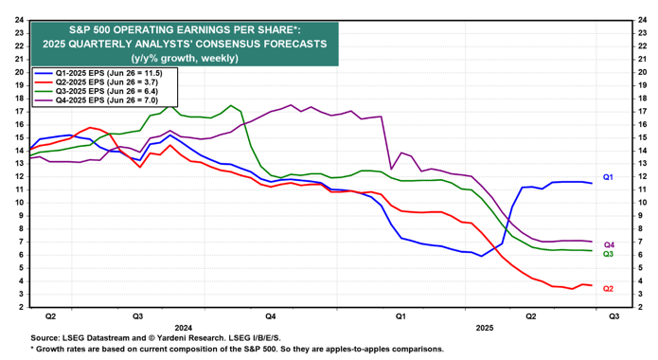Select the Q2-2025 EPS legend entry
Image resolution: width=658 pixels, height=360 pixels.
97,82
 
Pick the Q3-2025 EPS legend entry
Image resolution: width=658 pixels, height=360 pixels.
97,91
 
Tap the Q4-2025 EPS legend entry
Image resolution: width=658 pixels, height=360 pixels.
97,100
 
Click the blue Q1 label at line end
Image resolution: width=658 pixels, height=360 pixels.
608,177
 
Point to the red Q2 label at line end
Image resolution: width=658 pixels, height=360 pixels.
608,289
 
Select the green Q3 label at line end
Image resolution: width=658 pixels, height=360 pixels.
608,254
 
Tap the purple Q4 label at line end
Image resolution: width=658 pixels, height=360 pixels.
609,245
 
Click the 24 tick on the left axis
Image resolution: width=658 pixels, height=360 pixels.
19,20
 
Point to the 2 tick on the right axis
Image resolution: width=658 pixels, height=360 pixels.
640,308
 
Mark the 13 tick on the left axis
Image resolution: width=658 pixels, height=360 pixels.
19,164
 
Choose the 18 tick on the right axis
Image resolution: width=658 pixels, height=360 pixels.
642,99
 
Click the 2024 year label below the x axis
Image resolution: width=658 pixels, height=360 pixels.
184,328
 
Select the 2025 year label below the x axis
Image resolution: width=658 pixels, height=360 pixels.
485,328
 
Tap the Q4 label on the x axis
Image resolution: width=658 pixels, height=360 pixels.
270,316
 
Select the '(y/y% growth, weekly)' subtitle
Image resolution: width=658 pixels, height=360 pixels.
185,58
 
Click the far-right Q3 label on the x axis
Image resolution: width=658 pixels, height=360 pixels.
614,316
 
